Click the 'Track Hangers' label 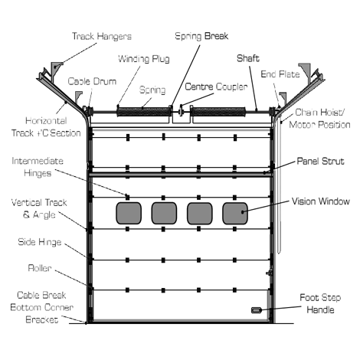pos(102,36)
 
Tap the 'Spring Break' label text pos(201,36)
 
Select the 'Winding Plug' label pos(144,59)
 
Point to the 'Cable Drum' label pos(92,81)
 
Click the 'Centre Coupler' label pos(216,87)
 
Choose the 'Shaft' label pos(248,58)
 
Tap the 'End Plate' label pos(280,74)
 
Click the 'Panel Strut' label pos(320,161)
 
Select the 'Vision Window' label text pos(321,201)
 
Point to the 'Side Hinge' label pos(40,242)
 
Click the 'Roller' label pos(40,268)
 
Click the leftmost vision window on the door pos(129,213)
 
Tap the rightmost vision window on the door pos(235,213)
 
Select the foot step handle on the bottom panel pos(257,310)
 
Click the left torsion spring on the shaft pos(144,112)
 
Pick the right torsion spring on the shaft pos(218,112)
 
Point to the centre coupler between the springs pos(181,111)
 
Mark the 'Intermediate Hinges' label pos(38,167)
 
